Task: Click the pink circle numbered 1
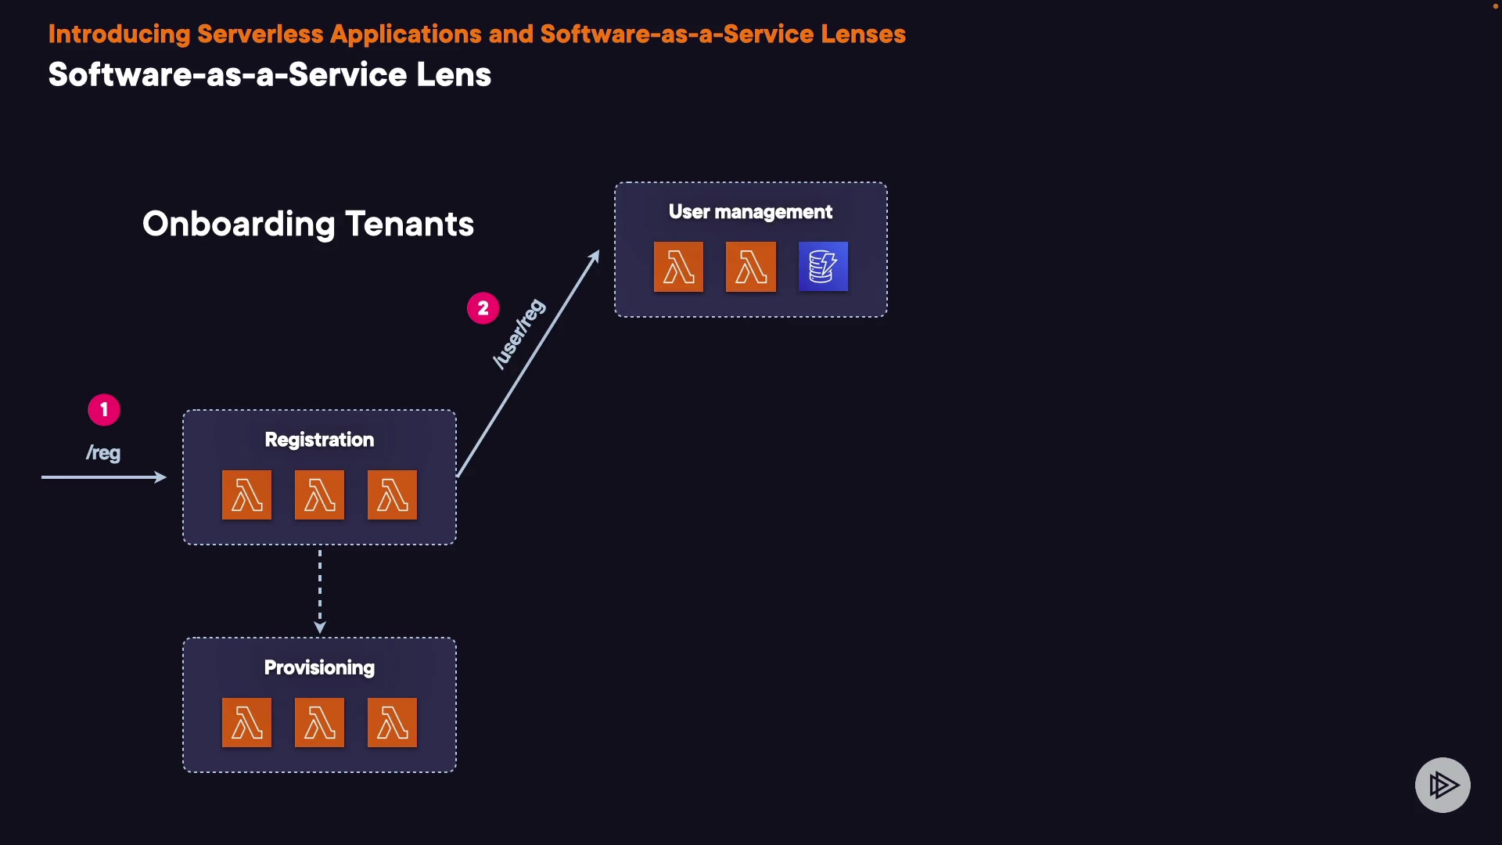pyautogui.click(x=104, y=410)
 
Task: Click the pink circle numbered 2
pyautogui.click(x=483, y=308)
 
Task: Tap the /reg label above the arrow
pyautogui.click(x=103, y=453)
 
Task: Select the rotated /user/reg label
pyautogui.click(x=519, y=334)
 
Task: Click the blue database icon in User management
pyautogui.click(x=823, y=267)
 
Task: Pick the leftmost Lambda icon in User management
pyautogui.click(x=678, y=267)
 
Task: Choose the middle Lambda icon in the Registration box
pyautogui.click(x=319, y=494)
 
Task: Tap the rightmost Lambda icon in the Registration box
pyautogui.click(x=392, y=494)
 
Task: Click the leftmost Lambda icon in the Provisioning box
pyautogui.click(x=246, y=722)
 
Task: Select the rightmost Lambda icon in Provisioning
pyautogui.click(x=392, y=722)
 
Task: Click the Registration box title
pyautogui.click(x=319, y=440)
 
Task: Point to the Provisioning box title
pyautogui.click(x=319, y=667)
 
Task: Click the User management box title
pyautogui.click(x=750, y=212)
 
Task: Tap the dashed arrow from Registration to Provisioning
pyautogui.click(x=319, y=591)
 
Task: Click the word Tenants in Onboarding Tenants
pyautogui.click(x=409, y=225)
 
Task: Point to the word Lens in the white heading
pyautogui.click(x=454, y=75)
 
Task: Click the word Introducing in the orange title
pyautogui.click(x=119, y=34)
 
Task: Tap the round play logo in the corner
pyautogui.click(x=1443, y=785)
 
